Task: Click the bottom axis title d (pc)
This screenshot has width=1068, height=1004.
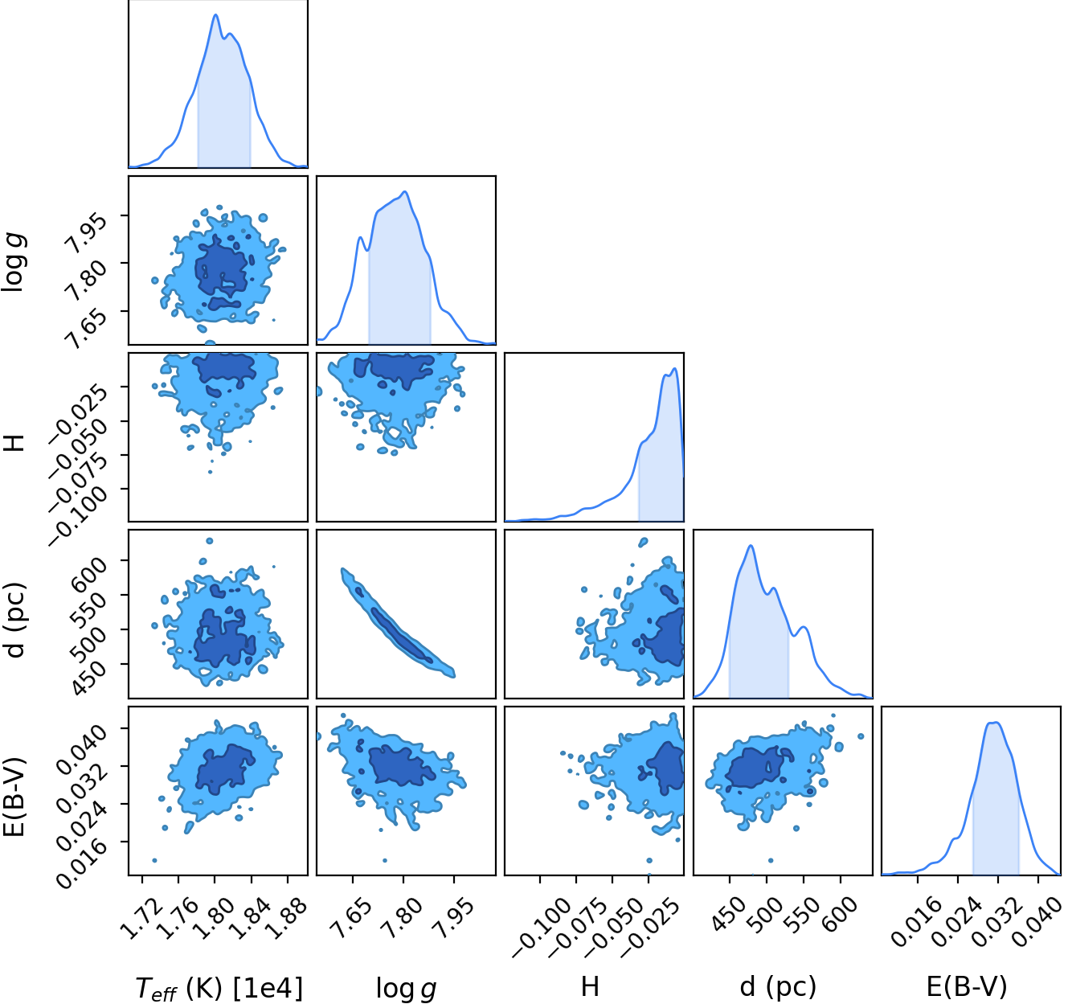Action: [x=778, y=986]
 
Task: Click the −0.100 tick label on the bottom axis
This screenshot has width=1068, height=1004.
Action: [x=541, y=927]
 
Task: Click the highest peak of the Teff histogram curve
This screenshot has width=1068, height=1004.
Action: [x=215, y=14]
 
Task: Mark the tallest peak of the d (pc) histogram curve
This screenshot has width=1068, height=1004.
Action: [x=751, y=546]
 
